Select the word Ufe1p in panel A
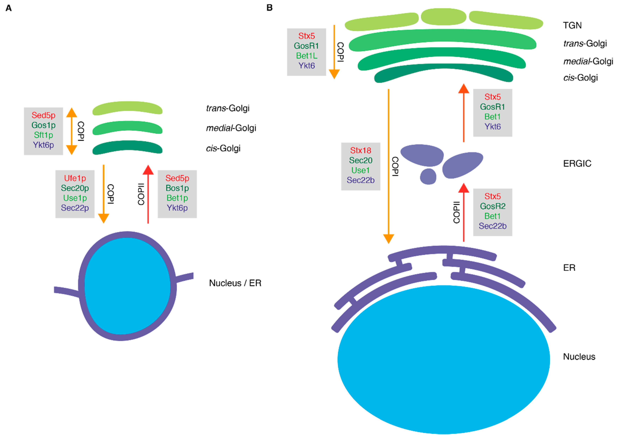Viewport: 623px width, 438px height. [75, 178]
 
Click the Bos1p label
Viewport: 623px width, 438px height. [177, 188]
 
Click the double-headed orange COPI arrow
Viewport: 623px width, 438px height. [72, 131]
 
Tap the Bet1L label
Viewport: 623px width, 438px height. [307, 56]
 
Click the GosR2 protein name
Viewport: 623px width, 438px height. [492, 206]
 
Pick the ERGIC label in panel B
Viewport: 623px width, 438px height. [577, 164]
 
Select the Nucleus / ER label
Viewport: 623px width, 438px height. [235, 283]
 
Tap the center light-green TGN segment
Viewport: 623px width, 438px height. [443, 17]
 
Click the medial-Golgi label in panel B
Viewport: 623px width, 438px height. [588, 61]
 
